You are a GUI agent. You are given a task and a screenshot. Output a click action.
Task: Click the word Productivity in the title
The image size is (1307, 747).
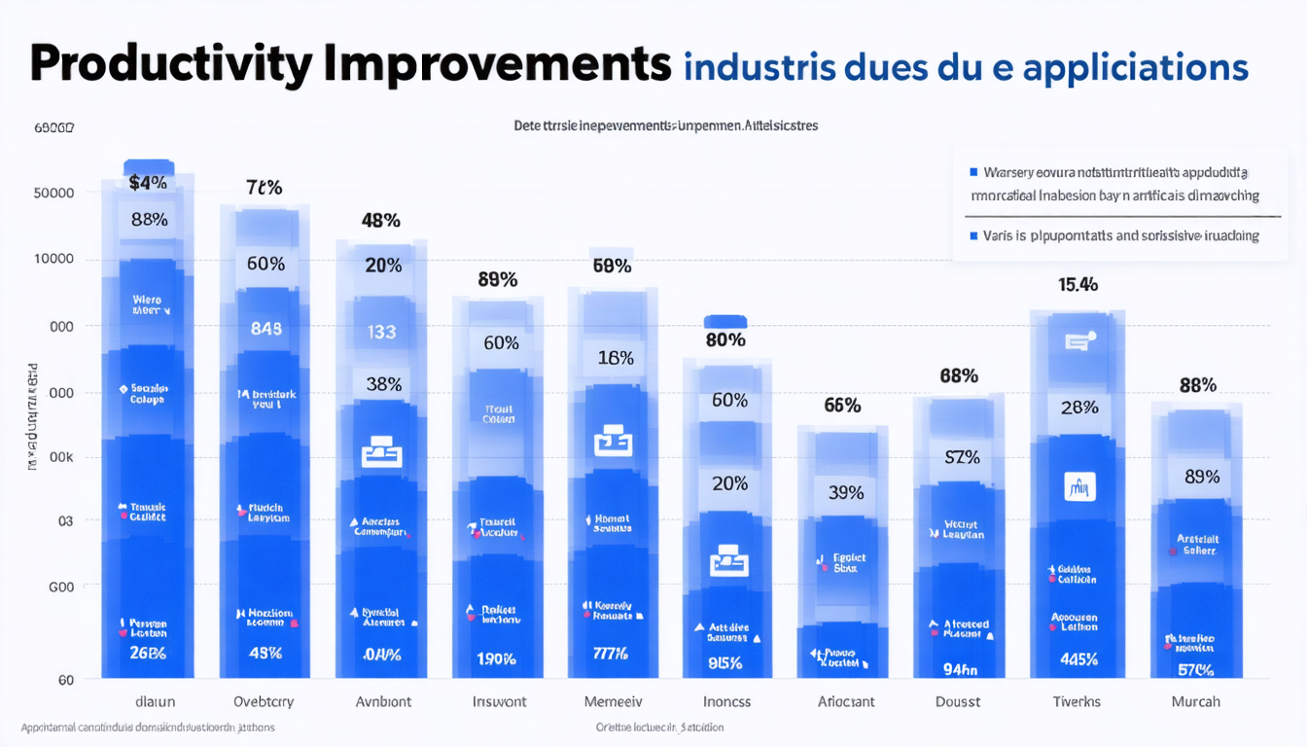[x=171, y=65]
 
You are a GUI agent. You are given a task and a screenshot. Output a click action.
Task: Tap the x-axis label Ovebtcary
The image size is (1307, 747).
[x=264, y=701]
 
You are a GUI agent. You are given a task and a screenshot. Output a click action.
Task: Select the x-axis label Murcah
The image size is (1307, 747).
[x=1195, y=701]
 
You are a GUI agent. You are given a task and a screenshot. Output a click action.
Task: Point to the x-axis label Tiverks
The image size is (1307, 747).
[x=1077, y=701]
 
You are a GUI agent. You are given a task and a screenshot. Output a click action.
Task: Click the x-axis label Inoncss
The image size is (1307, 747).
[x=726, y=701]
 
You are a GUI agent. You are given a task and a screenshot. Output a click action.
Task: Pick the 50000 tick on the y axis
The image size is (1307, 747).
[x=54, y=193]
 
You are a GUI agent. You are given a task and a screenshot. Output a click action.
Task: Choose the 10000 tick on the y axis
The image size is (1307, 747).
[x=54, y=260]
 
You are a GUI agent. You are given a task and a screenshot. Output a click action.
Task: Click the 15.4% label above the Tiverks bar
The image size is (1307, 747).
[x=1077, y=285]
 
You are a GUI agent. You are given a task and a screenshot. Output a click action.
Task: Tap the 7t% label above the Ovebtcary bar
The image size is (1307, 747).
[x=264, y=188]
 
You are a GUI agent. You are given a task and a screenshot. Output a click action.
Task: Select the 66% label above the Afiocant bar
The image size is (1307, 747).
[x=842, y=406]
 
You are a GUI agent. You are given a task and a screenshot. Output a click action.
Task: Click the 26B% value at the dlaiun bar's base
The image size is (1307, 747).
[x=148, y=653]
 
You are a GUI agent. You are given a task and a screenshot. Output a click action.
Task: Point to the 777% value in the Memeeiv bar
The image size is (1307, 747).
[x=612, y=653]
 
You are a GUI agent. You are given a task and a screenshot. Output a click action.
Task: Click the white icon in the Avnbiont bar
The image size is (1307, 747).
[x=381, y=453]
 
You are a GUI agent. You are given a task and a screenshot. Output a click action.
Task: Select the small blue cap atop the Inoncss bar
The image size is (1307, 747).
[x=724, y=321]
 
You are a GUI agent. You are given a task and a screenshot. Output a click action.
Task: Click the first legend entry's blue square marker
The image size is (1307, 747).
[x=973, y=172]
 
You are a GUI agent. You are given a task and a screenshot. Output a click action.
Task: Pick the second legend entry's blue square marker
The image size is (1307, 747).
[x=973, y=235]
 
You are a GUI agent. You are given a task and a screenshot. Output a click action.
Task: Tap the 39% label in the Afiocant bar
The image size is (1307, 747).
[x=845, y=493]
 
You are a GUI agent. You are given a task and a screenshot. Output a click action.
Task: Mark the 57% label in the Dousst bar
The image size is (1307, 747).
[x=962, y=457]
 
